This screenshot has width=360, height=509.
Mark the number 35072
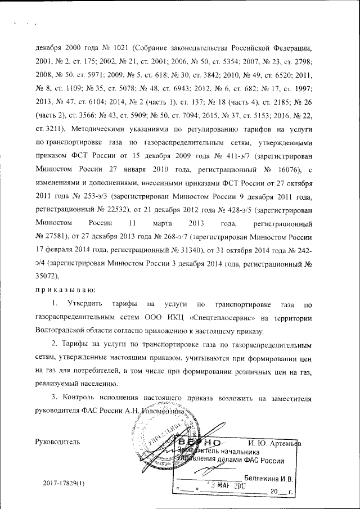[47, 276]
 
